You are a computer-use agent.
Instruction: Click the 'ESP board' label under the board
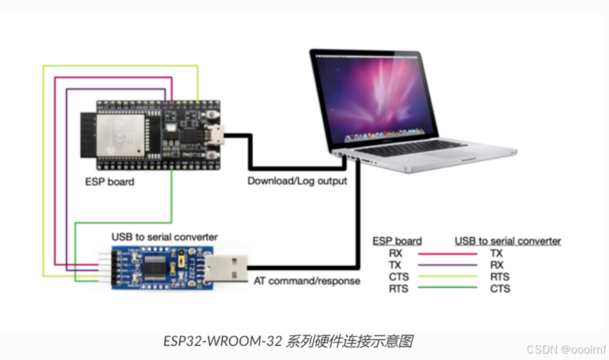coord(110,181)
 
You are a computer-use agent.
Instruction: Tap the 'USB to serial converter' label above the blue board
coord(165,237)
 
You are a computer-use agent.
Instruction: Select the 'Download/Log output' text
coord(297,181)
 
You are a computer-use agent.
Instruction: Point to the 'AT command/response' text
coord(307,280)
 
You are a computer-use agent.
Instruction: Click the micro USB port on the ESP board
coord(219,134)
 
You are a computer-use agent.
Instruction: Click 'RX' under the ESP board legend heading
coord(396,253)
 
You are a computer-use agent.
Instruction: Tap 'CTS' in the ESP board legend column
coord(398,277)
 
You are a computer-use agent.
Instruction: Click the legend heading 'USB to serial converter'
coord(508,241)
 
